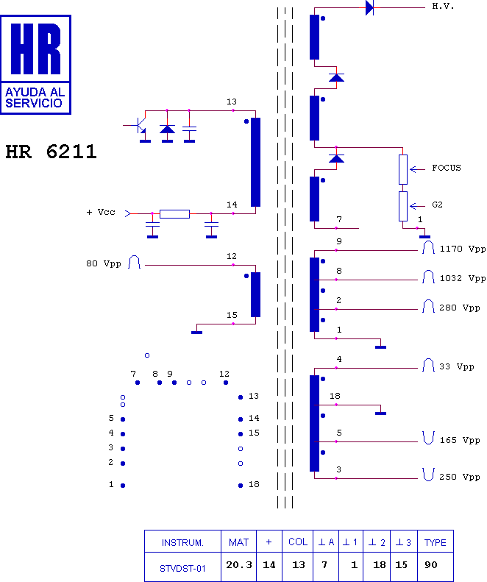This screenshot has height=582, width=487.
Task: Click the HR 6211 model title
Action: [x=51, y=152]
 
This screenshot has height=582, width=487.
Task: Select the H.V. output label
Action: [x=443, y=7]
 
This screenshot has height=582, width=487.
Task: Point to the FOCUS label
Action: [x=447, y=168]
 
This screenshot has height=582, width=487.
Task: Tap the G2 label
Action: [x=437, y=205]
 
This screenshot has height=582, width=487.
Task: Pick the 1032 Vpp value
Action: [x=462, y=279]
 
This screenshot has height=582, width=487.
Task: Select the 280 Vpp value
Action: [x=460, y=308]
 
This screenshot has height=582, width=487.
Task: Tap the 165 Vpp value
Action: [x=460, y=440]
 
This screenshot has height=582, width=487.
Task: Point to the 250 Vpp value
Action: [x=460, y=477]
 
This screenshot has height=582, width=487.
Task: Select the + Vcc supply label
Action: [x=101, y=212]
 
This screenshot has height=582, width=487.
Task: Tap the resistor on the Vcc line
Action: [x=174, y=213]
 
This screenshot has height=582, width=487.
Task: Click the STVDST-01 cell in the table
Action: [x=182, y=567]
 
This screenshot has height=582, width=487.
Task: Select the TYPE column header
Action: [x=436, y=542]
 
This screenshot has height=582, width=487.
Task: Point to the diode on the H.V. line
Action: [x=369, y=8]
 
